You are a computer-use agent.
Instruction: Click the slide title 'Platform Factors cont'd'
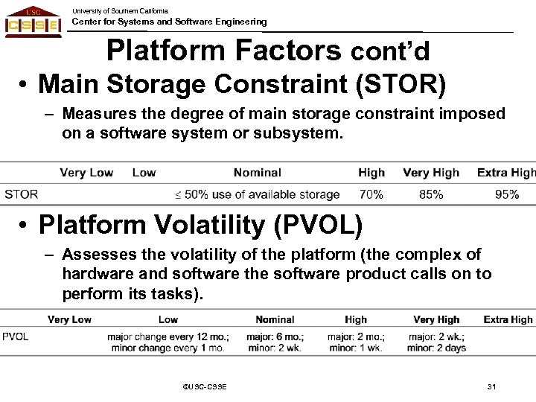278,51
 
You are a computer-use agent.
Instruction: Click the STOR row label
22,194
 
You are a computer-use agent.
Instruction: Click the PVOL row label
16,336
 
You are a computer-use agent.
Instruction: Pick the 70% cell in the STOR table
371,194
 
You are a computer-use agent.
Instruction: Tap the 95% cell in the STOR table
506,194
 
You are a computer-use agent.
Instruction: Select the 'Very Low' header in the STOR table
86,173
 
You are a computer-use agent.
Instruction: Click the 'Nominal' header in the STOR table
257,173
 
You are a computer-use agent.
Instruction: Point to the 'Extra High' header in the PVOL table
508,319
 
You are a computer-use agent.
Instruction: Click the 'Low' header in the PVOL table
168,319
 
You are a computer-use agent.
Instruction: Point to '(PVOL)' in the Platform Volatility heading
311,224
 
